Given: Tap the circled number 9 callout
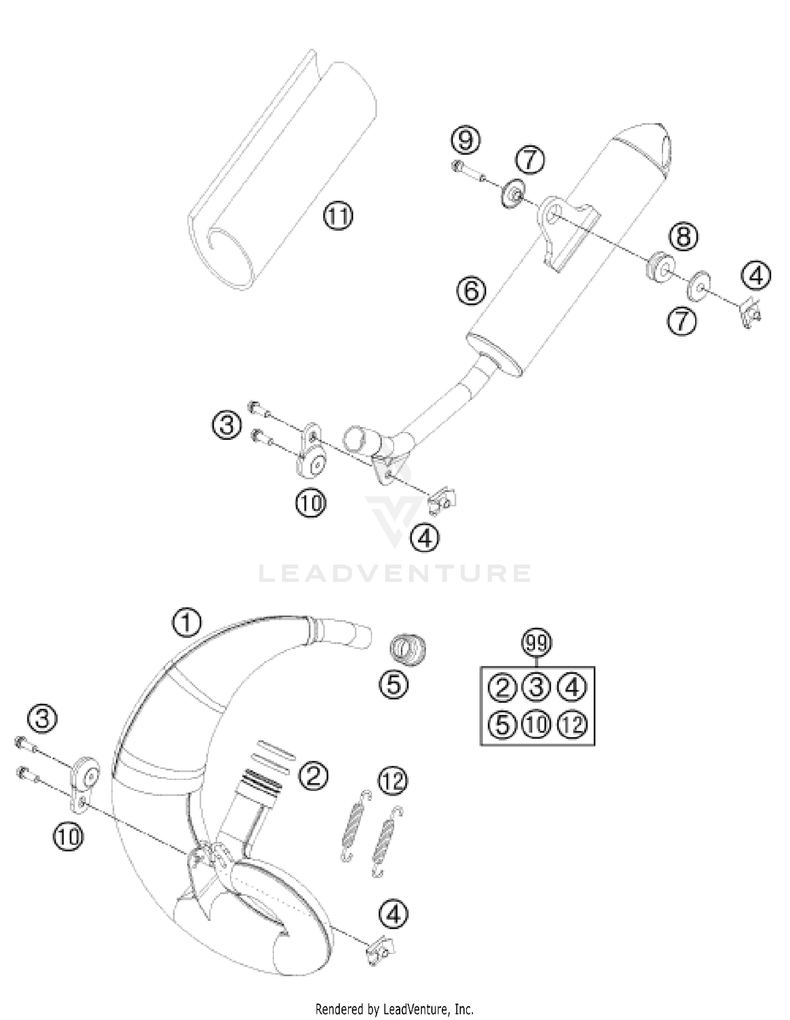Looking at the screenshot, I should pos(466,140).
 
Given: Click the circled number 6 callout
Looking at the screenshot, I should pos(471,290).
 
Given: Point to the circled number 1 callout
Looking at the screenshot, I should pos(186,623).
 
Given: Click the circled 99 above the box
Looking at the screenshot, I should pos(536,643).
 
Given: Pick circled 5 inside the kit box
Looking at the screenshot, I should pos(502,724).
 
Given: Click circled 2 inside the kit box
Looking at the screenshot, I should pos(502,688).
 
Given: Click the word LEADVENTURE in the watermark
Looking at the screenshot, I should pos(395,574).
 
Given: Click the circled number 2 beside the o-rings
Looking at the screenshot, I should pos(313,775).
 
